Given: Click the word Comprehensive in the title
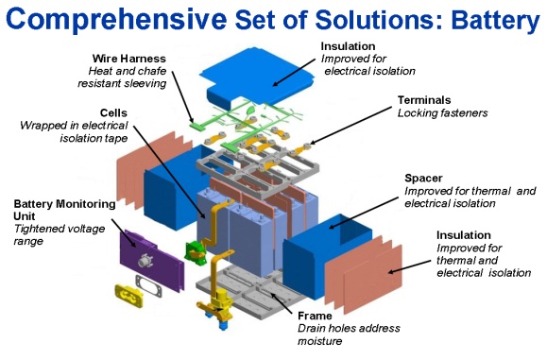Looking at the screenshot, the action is point(116,19).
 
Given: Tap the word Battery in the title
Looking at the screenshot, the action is point(496,20).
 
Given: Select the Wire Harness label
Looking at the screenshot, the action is point(129,59).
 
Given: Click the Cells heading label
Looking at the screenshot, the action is point(113,112).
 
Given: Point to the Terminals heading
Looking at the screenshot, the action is point(424,100).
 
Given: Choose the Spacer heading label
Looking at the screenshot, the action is point(423,178).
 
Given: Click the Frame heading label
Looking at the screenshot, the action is point(315,316).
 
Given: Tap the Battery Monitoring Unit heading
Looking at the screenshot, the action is point(64,210).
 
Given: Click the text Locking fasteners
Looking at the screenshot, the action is point(443,113).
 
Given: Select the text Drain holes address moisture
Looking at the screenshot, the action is point(349,334).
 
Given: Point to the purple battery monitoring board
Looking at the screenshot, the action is point(151,260).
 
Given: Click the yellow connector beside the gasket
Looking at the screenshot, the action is point(128,296).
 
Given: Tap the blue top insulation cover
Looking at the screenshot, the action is point(260,76).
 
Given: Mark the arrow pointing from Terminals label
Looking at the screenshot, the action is point(350,126).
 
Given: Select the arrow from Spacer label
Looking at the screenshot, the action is point(363,214).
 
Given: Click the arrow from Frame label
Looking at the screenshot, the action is point(282,302).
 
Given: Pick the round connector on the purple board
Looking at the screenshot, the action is point(145,260).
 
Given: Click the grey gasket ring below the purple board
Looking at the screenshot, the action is point(148,286).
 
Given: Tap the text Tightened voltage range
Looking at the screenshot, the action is point(60,234).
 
